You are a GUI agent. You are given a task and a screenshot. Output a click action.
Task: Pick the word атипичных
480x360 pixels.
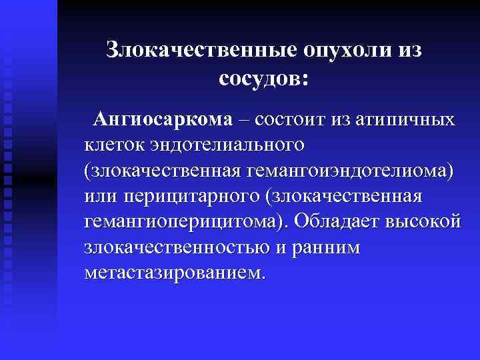click(x=405, y=120)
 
